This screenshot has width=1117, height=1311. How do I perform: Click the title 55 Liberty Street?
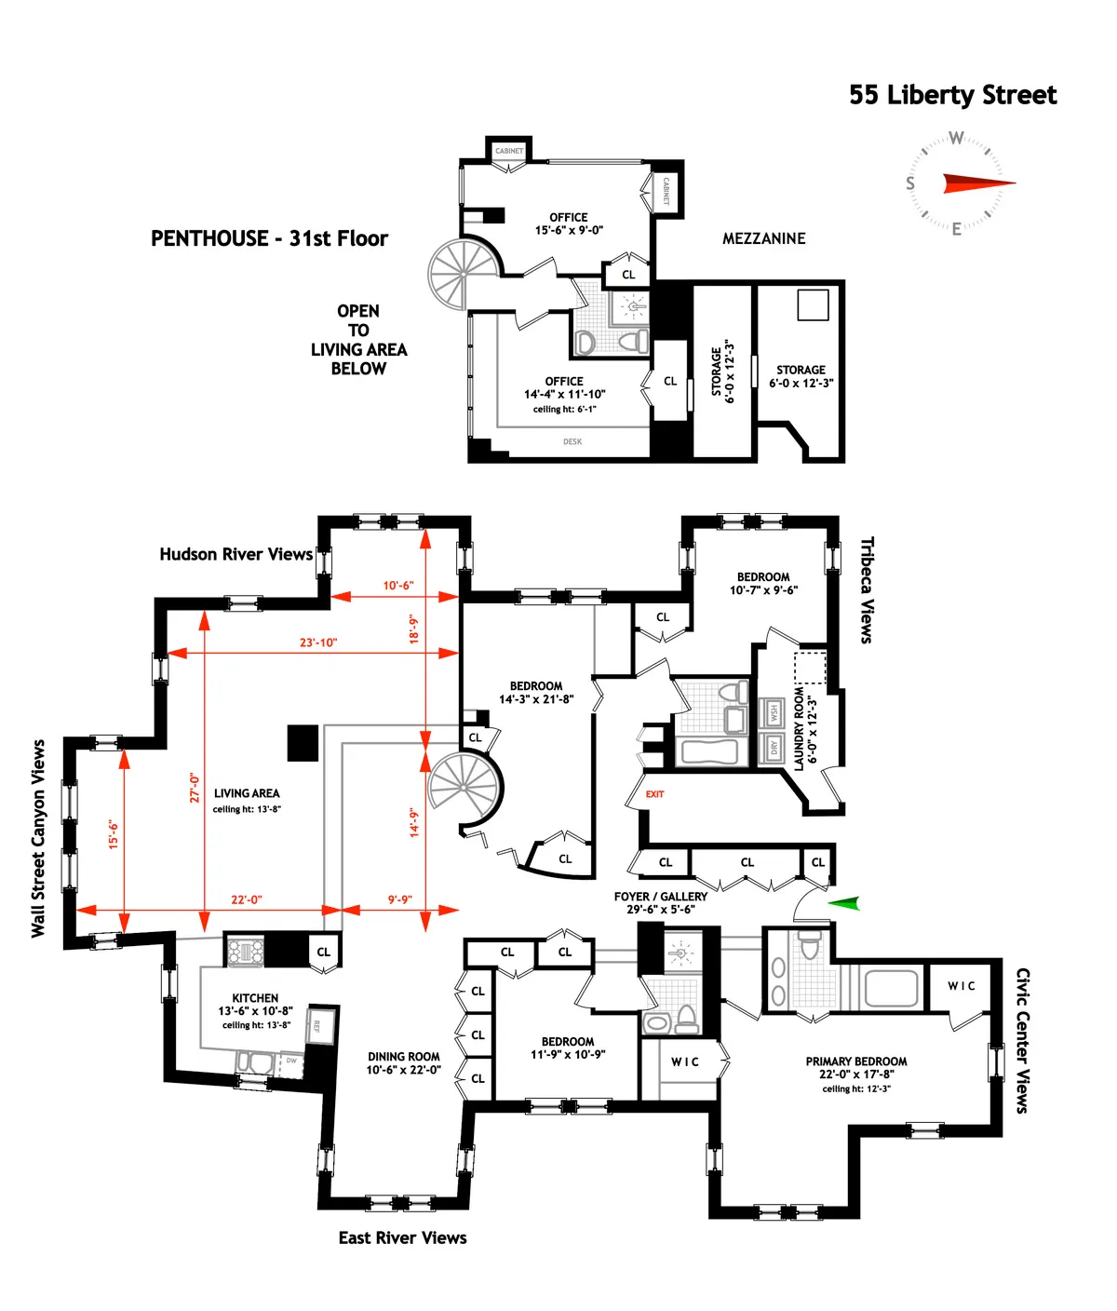(x=952, y=95)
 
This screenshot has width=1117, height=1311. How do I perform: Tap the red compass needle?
(x=977, y=183)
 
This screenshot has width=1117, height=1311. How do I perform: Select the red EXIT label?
(x=655, y=794)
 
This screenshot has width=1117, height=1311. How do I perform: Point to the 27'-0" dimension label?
(x=195, y=787)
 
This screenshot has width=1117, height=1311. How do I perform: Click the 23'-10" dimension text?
(x=318, y=642)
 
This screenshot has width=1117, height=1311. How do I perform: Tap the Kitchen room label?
(x=255, y=997)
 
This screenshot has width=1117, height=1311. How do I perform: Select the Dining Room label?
(x=403, y=1057)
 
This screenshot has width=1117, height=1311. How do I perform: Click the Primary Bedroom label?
(x=855, y=1061)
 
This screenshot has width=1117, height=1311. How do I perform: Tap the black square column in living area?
(x=303, y=743)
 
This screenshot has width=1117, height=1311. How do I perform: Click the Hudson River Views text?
(x=236, y=554)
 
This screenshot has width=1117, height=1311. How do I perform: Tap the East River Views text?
(x=402, y=1237)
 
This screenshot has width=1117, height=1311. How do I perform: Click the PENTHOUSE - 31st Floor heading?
(x=269, y=238)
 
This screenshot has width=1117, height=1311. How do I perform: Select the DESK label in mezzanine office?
(x=572, y=441)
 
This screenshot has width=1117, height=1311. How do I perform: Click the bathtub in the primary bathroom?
(x=892, y=988)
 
